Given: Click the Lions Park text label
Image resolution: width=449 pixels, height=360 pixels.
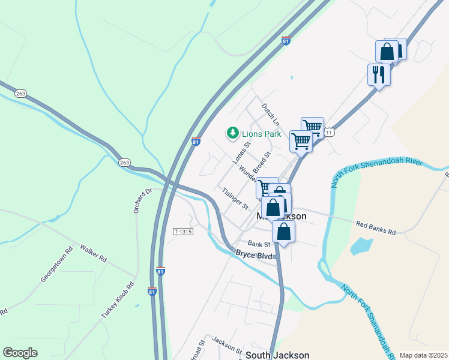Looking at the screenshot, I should pos(261,134).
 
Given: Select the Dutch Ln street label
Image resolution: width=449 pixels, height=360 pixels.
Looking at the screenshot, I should pos(267,114).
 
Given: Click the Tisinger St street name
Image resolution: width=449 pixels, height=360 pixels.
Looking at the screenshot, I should pos(235,199).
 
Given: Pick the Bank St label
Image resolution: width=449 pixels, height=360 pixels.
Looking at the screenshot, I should pos(259,244).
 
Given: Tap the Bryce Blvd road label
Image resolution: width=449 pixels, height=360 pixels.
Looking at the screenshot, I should pos(255,255).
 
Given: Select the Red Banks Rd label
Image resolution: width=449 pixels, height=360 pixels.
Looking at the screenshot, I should pos(376,228).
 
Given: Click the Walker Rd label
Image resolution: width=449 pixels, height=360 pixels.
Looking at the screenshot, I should pos(93,253).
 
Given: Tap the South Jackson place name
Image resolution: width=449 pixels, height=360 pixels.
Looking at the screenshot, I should pos(277,355).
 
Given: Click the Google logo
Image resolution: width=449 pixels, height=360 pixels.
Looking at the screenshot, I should pos(20,353).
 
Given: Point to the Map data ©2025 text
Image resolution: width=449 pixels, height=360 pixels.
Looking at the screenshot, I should pos(423,355).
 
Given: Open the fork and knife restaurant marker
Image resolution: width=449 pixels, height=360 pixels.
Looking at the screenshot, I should pos(379,74).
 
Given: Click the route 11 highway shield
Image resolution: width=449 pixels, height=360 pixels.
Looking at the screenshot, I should pos(328,131).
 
